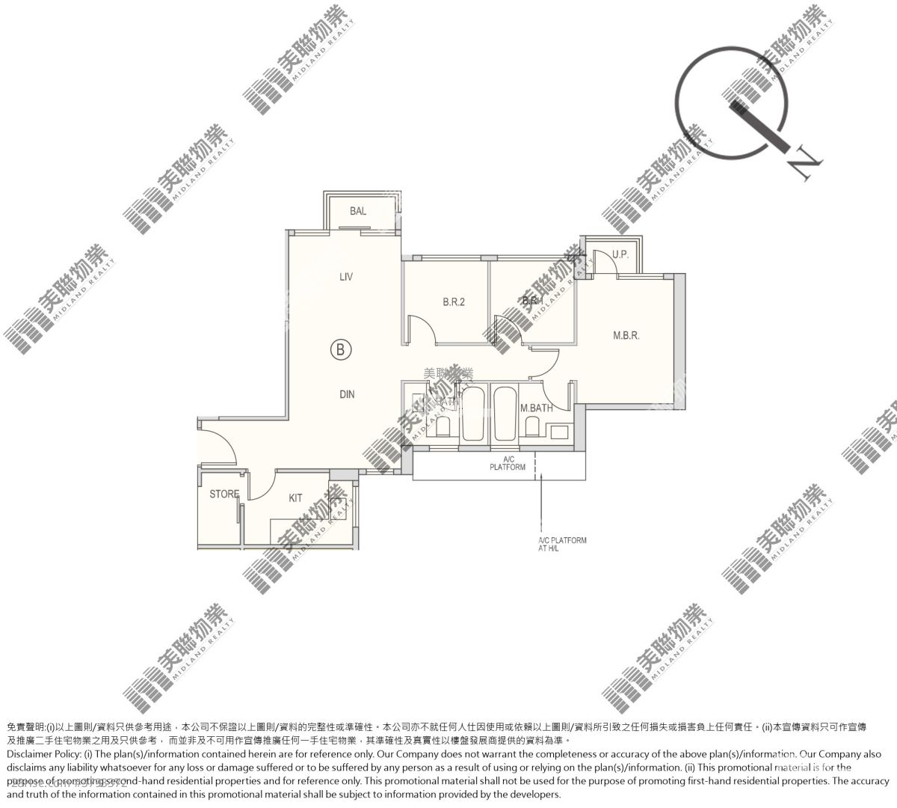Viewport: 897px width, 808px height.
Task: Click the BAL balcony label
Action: pos(358,212)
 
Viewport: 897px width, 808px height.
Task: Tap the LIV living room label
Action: pos(345,277)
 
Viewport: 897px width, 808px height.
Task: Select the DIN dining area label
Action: pos(347,394)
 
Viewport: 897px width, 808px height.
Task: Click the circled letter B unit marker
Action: pos(341,349)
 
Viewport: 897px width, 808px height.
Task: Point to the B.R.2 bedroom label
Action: pos(454,303)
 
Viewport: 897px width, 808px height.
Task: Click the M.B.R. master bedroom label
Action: pos(626,336)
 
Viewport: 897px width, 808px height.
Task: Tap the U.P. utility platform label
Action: pos(620,254)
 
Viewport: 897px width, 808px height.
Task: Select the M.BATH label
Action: pos(536,408)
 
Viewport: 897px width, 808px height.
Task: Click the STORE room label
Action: pos(224,495)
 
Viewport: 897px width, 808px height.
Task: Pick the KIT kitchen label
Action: pos(296,498)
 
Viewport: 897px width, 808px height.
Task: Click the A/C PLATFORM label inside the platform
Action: pos(508,463)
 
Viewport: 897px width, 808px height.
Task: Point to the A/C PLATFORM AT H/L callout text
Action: pos(562,544)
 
